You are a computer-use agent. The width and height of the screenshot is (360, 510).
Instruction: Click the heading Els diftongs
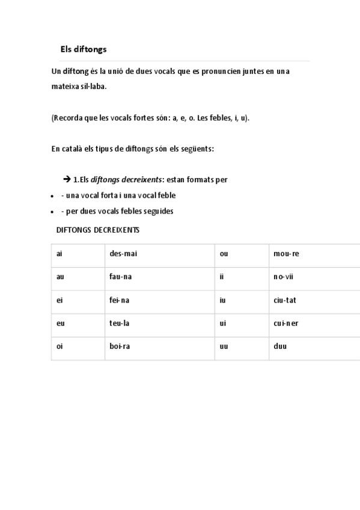pyautogui.click(x=83, y=49)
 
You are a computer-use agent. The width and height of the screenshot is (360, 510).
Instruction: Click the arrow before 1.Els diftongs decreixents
pyautogui.click(x=67, y=180)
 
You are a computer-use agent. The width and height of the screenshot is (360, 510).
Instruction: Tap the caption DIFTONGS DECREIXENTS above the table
pyautogui.click(x=98, y=230)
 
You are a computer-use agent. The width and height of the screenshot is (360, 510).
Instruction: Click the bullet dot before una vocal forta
pyautogui.click(x=52, y=196)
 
